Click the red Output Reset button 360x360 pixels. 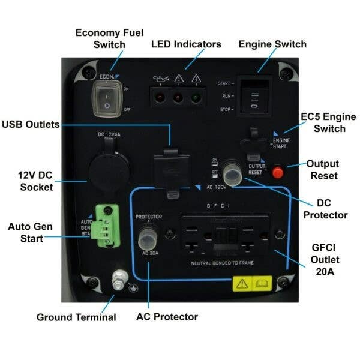(x=277, y=172)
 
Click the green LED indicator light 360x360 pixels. (x=195, y=97)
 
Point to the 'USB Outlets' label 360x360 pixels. (x=31, y=125)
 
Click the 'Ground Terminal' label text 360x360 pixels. (x=76, y=316)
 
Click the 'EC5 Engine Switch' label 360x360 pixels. (x=322, y=123)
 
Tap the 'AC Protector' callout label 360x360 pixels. (x=167, y=316)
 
